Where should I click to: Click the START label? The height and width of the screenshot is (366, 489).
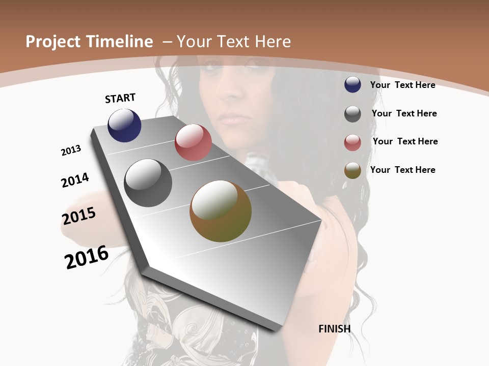click(120, 98)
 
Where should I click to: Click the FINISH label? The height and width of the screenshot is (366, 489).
click(334, 329)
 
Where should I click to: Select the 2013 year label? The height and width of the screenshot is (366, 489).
click(71, 150)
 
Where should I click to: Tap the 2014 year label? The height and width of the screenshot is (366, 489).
click(75, 180)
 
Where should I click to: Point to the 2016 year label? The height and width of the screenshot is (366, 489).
click(87, 257)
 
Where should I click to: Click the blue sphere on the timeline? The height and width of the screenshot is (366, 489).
click(124, 126)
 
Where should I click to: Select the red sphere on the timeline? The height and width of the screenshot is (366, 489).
click(193, 142)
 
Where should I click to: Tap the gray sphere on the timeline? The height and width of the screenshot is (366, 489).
click(148, 183)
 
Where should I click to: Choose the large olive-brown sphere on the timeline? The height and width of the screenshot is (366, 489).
click(221, 211)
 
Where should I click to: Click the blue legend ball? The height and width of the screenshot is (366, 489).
click(352, 84)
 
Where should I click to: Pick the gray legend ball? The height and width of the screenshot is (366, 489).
click(352, 114)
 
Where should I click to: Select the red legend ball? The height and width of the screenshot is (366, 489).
click(352, 142)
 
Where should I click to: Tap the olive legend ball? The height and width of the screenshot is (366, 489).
click(352, 170)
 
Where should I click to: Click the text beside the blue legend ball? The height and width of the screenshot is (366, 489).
click(402, 85)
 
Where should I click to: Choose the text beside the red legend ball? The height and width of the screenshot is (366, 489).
click(405, 141)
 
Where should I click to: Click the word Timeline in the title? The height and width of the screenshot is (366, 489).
click(120, 42)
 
